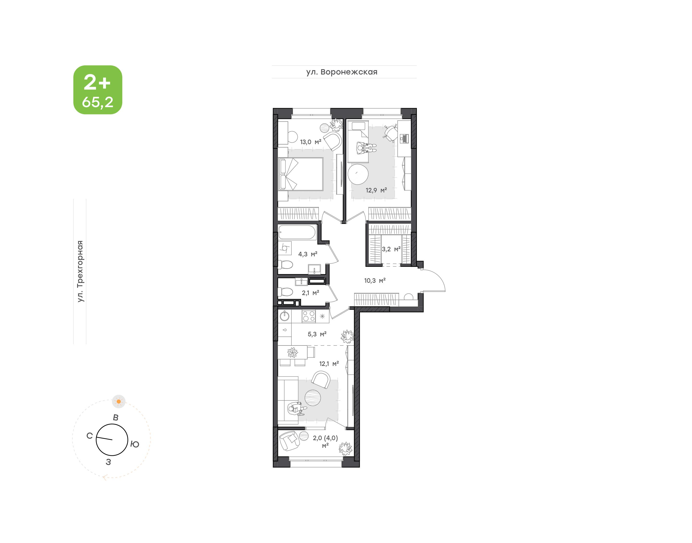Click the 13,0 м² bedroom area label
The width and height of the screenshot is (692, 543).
point(310,142)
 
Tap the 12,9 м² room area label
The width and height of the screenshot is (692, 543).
point(376,190)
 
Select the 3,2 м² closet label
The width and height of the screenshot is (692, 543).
point(391,249)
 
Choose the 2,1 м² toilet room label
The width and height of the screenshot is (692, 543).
point(310,292)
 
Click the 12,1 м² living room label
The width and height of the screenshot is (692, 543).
point(329,363)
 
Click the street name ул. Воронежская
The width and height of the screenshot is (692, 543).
point(342,72)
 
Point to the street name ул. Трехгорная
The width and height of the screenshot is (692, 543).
point(80,271)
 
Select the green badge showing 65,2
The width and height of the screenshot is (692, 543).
point(98,90)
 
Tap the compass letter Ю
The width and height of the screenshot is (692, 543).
point(135,444)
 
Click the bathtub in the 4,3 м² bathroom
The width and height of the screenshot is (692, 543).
point(297,232)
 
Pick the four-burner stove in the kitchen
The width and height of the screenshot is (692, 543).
point(309,316)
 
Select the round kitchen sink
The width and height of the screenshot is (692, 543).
point(284,316)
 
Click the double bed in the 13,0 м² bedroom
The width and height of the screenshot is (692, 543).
point(301,174)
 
